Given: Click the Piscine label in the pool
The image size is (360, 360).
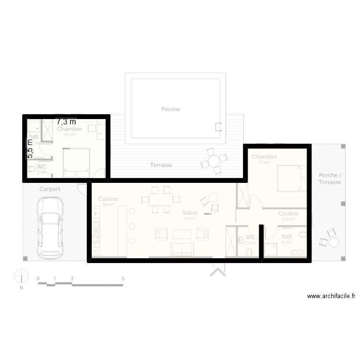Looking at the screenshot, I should [170, 109].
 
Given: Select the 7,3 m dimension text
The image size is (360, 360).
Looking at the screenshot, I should [66, 122].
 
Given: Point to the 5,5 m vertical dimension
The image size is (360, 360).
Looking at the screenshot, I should [30, 149].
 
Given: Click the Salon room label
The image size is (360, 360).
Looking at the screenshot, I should [189, 213].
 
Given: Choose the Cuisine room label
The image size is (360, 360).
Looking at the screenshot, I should [108, 199].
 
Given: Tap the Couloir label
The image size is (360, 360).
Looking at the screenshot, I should [288, 214].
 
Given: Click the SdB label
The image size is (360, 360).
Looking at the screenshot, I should [287, 237].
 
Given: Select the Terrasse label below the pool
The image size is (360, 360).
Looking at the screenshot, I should [161, 165].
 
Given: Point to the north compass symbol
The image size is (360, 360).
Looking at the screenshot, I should [22, 277].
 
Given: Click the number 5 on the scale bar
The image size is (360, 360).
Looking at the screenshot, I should [123, 278].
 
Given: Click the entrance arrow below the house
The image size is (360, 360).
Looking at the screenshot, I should [217, 272].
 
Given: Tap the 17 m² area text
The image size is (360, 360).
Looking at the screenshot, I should [264, 163].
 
